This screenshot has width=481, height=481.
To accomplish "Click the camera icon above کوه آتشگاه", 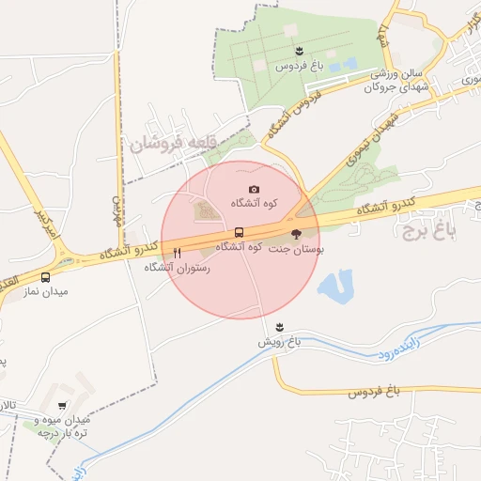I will (x=254, y=190).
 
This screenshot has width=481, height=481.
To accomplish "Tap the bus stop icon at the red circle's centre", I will (x=239, y=232).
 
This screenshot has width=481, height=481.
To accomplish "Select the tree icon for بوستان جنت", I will (x=295, y=234).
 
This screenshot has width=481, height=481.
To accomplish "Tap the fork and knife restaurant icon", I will (x=177, y=253).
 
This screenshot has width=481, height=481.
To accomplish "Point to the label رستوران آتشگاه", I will (x=177, y=268).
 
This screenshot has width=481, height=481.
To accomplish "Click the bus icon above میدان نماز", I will (x=46, y=277).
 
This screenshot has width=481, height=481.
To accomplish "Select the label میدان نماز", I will (x=46, y=292).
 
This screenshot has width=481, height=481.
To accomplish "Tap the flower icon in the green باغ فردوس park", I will (x=298, y=51).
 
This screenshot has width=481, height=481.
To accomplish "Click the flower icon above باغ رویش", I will (x=279, y=327).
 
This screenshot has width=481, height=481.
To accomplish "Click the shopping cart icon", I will (x=62, y=406).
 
